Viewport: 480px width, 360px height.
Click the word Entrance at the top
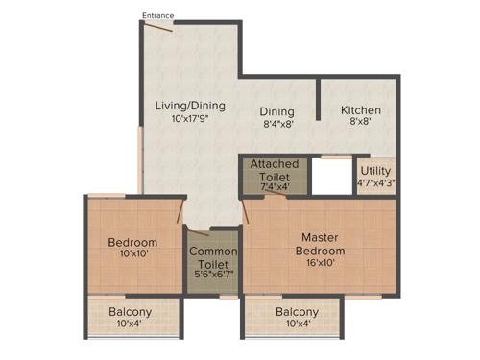(158, 15)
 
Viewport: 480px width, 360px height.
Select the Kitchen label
(361, 110)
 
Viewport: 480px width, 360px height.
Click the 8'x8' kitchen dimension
(361, 123)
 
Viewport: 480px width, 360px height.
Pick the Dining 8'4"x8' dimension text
(278, 124)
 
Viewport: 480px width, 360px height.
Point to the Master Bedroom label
(322, 244)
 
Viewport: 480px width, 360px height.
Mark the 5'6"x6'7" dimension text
(212, 274)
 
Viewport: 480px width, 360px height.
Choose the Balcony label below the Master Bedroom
(297, 313)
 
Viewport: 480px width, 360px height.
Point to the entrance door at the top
(158, 27)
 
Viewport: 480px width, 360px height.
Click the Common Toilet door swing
(199, 233)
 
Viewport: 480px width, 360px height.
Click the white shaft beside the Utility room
(333, 177)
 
